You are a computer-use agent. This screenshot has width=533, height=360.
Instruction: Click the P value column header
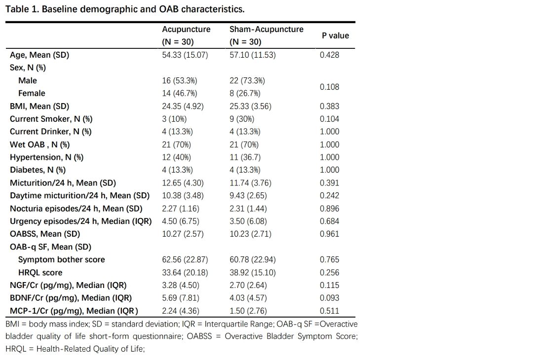pyautogui.click(x=335, y=36)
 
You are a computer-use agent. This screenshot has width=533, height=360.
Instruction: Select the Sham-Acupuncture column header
pyautogui.click(x=266, y=36)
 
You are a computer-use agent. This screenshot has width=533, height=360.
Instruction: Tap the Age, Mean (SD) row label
pyautogui.click(x=39, y=55)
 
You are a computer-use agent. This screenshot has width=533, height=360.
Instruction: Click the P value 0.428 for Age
pyautogui.click(x=329, y=55)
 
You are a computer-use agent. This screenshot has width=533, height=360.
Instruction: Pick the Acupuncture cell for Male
pyautogui.click(x=180, y=81)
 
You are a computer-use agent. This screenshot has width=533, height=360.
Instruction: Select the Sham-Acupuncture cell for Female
pyautogui.click(x=245, y=93)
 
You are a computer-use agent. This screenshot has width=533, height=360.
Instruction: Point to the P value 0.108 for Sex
pyautogui.click(x=329, y=87)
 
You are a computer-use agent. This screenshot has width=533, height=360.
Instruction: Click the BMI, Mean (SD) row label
pyautogui.click(x=39, y=107)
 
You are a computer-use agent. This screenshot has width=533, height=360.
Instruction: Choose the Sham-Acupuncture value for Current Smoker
pyautogui.click(x=242, y=119)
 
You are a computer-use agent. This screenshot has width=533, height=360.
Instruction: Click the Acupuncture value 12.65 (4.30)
pyautogui.click(x=183, y=183)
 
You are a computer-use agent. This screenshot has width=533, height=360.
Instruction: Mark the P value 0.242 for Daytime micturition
pyautogui.click(x=329, y=196)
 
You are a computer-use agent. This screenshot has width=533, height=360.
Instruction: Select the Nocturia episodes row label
pyautogui.click(x=76, y=209)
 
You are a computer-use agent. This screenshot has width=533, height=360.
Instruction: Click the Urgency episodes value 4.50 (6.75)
pyautogui.click(x=181, y=221)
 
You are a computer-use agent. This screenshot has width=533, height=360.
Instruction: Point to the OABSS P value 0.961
pyautogui.click(x=329, y=234)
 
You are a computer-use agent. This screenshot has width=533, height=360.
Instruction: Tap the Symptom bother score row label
pyautogui.click(x=62, y=260)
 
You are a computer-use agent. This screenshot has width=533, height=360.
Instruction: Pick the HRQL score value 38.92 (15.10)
pyautogui.click(x=253, y=273)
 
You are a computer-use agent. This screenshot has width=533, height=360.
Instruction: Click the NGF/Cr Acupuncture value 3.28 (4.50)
pyautogui.click(x=181, y=285)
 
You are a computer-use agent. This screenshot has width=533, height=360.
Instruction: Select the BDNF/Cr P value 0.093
pyautogui.click(x=329, y=298)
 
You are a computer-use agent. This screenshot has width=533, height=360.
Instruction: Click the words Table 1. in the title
pyautogui.click(x=22, y=9)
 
